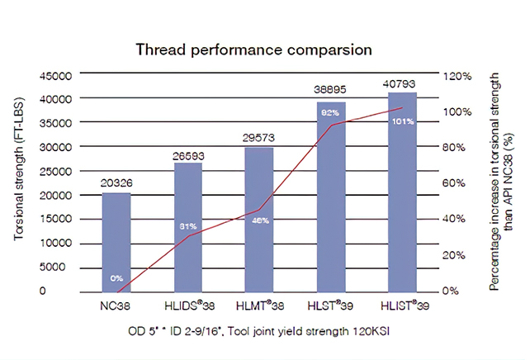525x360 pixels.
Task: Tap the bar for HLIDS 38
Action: click(187, 226)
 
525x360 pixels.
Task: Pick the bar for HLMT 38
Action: click(258, 219)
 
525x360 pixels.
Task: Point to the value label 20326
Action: click(116, 183)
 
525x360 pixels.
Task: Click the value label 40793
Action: click(400, 83)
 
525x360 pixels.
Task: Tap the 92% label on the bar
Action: click(329, 112)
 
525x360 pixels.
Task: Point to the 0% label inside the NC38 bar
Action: click(116, 277)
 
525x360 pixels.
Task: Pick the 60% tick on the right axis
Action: click(460, 182)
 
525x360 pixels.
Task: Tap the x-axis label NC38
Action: click(116, 306)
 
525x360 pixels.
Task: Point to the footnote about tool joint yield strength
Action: click(258, 332)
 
